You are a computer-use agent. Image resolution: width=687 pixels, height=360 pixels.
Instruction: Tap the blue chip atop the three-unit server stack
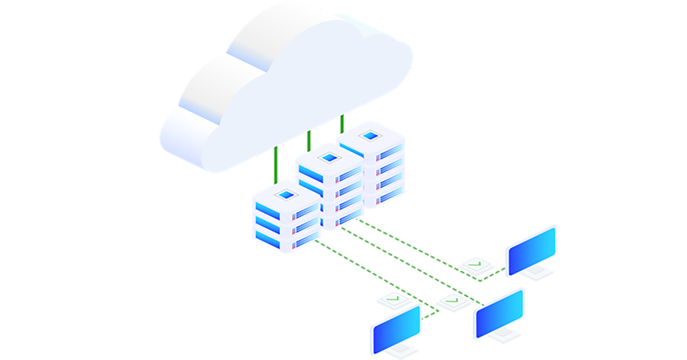(285, 196)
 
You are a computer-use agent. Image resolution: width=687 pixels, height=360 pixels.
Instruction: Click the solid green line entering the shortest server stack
(276, 165)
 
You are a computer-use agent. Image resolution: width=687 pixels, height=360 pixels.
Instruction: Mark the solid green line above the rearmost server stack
(342, 124)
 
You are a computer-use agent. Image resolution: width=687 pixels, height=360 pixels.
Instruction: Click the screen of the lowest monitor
(397, 329)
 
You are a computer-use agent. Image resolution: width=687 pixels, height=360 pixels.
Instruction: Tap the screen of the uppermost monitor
(531, 251)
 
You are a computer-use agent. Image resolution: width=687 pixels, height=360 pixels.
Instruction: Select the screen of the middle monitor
(499, 314)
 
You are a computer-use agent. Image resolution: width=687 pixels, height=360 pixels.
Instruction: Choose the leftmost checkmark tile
(394, 300)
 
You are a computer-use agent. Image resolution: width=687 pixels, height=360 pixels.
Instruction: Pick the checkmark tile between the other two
(453, 302)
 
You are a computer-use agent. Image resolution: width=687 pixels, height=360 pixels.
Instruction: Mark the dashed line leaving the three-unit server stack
(366, 270)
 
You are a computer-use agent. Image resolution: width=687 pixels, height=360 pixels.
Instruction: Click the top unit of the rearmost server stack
(371, 147)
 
